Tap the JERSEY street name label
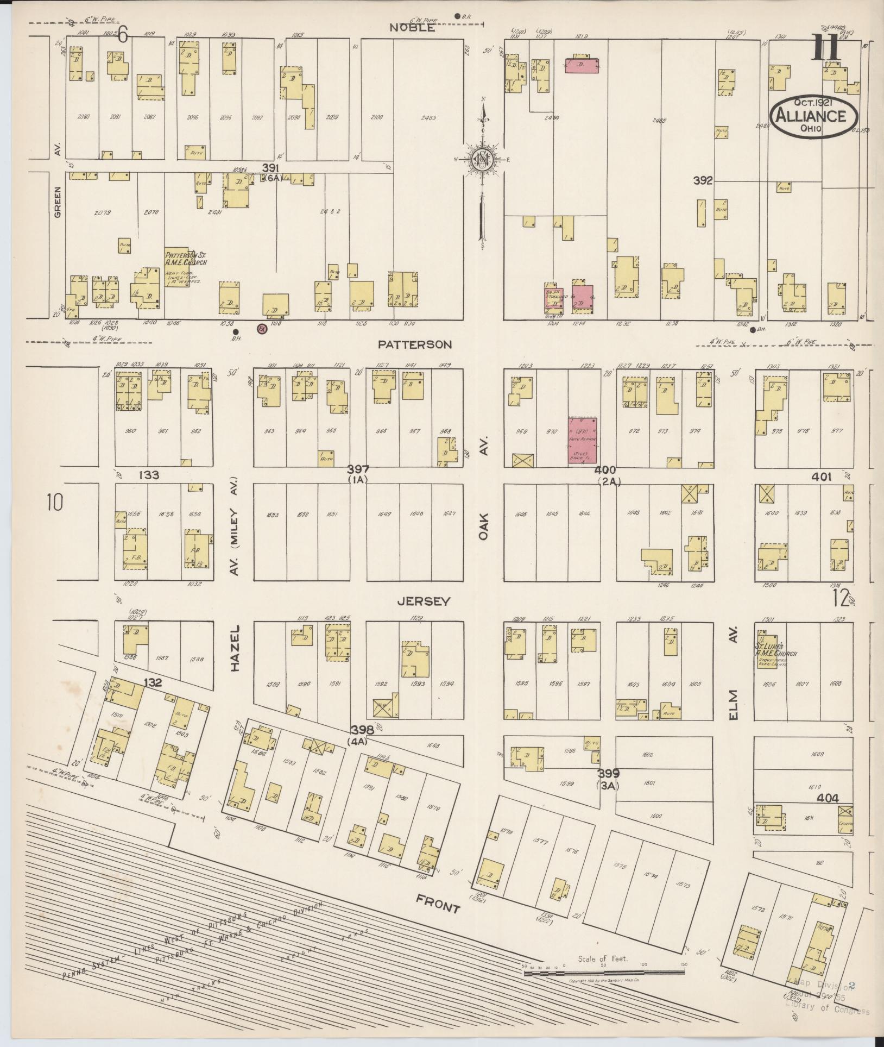[x=424, y=601]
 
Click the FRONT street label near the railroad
[x=438, y=904]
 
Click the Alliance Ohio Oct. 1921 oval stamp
[x=813, y=116]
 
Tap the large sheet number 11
[x=826, y=48]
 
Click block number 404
[x=828, y=798]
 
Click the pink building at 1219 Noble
[x=583, y=65]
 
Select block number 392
[x=703, y=180]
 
